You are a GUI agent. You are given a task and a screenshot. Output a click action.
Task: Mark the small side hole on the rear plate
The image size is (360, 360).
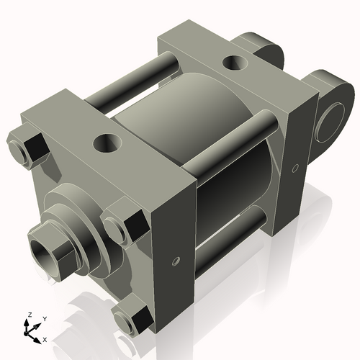pyautogui.click(x=295, y=169)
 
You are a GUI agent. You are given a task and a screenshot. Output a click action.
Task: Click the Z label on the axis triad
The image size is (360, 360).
pyautogui.click(x=29, y=315)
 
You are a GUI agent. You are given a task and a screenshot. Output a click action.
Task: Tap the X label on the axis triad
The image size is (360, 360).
pyautogui.click(x=45, y=338)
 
